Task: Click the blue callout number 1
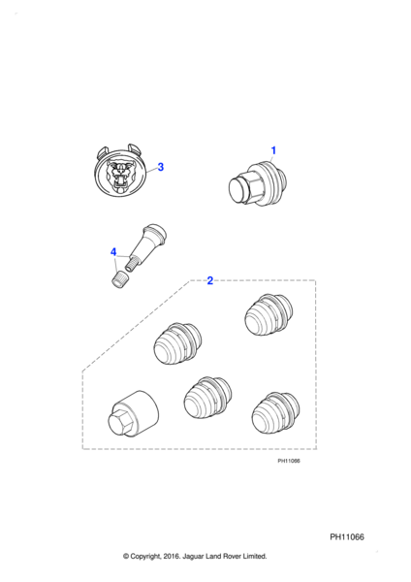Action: coord(273,150)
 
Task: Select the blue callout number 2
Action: coord(210,280)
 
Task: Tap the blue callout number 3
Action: coord(160,167)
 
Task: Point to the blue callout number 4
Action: coord(113,252)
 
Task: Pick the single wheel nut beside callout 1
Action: coord(258,183)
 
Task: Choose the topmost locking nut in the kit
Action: coord(269,315)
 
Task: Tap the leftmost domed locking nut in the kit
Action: coord(177,343)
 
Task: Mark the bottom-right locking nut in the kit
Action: coord(275,413)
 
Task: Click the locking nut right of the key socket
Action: coord(207,399)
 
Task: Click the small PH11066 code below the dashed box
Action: coord(289,461)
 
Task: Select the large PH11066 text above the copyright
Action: coord(347,537)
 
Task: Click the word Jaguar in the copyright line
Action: coord(192,557)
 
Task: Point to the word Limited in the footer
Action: coord(255,557)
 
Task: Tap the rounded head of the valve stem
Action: coord(155,231)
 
